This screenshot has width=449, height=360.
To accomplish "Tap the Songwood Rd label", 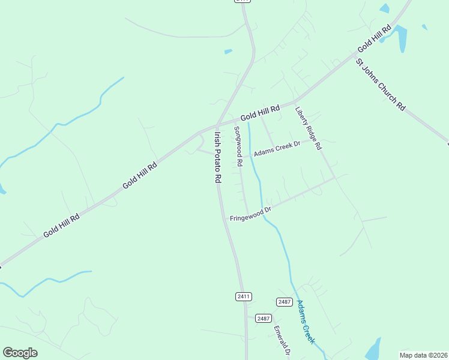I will (238, 146).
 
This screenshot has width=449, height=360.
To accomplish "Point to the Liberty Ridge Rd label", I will (309, 128).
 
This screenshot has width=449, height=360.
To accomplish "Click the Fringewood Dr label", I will (251, 214).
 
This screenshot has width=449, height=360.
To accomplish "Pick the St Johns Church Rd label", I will (381, 84).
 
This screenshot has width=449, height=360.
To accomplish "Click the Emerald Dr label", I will (282, 341).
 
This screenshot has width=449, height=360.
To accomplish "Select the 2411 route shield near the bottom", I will (243, 296).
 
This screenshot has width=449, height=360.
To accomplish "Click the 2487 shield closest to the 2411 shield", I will (284, 301).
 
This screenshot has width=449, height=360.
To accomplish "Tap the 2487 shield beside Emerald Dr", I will (263, 318).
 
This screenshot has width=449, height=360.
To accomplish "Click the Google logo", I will (20, 353).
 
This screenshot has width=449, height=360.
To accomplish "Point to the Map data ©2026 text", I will (423, 355).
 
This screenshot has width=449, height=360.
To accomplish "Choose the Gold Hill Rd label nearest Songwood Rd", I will (261, 113).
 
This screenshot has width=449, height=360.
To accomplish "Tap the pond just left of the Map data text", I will (373, 348).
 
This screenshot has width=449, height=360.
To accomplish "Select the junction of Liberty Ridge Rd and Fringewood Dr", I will (333, 178).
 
